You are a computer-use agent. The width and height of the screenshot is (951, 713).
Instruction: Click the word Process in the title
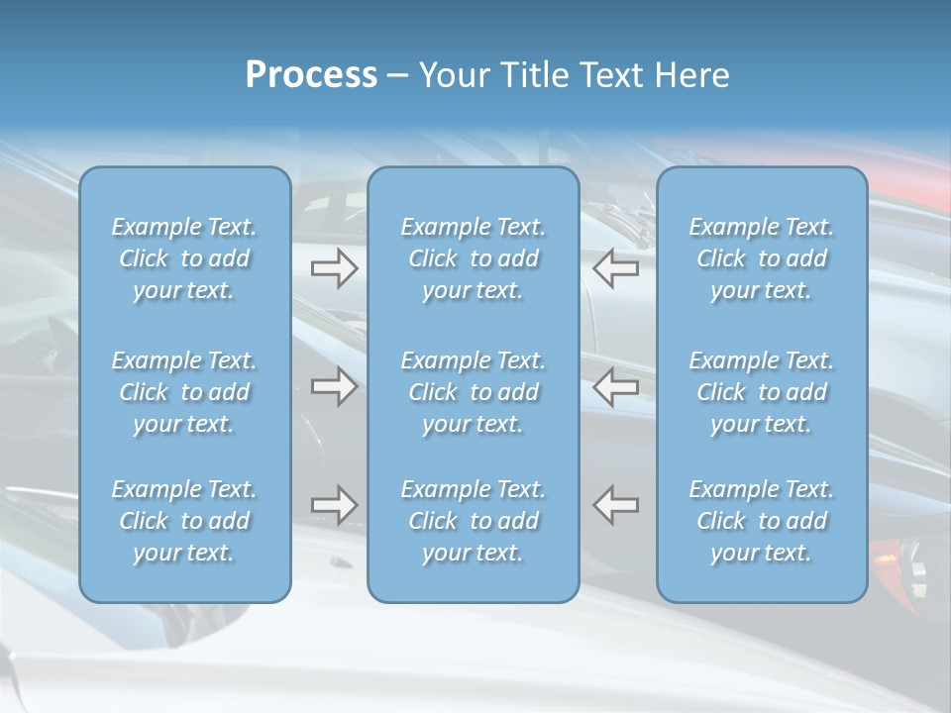(311, 75)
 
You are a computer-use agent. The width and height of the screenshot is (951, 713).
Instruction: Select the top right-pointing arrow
(334, 267)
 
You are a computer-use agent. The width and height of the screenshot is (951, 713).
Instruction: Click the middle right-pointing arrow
(334, 386)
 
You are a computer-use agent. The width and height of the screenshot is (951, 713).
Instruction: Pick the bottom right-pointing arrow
(334, 505)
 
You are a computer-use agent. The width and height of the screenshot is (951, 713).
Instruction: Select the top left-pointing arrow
(615, 267)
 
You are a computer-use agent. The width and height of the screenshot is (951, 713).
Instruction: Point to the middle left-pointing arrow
(615, 386)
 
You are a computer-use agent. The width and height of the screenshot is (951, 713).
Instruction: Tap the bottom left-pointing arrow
(615, 505)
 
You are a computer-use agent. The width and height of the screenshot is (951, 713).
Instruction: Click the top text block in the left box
(184, 258)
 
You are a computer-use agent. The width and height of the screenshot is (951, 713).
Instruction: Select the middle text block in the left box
(184, 392)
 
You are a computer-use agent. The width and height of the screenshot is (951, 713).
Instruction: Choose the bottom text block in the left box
(184, 521)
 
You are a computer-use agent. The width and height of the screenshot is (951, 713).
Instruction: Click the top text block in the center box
(474, 258)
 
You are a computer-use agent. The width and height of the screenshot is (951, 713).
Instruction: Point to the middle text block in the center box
(474, 392)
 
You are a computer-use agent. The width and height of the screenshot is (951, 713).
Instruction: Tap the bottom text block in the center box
(474, 521)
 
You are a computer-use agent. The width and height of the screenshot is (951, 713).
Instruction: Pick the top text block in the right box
(762, 258)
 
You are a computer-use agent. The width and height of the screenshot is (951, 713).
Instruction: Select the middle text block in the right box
(762, 392)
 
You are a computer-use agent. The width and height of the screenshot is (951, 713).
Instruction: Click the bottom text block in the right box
(762, 521)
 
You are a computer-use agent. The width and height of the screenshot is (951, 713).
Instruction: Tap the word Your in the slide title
(452, 75)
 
